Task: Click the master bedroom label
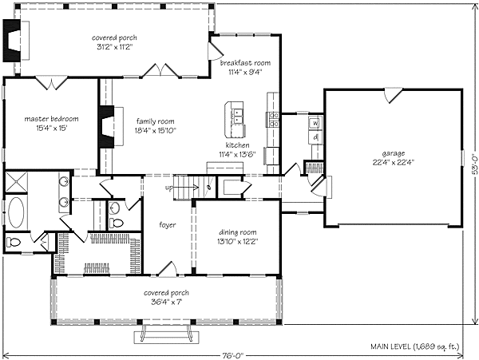pos(51,119)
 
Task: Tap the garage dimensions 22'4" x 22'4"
pos(393,162)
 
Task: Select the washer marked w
pos(315,124)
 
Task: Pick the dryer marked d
pos(315,137)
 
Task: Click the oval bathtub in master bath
pos(16,213)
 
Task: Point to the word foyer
pos(168,225)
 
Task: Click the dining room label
pos(237,232)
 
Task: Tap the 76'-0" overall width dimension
pos(233,356)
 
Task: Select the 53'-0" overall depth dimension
pos(474,164)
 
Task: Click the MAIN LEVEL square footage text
pos(415,346)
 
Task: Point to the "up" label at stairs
pos(169,188)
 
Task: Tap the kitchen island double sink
pos(237,117)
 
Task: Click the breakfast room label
pos(245,63)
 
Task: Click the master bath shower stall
pos(16,182)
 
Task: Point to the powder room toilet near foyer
pos(116,223)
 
